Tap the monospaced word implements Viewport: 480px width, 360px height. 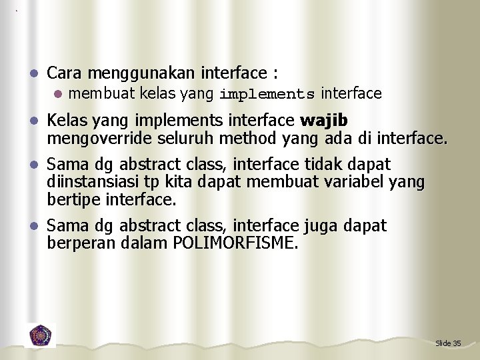[267, 94]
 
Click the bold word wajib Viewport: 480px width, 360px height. [324, 121]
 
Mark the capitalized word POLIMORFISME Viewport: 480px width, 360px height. [235, 243]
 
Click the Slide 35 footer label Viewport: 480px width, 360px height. [448, 343]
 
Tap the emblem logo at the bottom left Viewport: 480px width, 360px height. [41, 334]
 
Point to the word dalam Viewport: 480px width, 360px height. [145, 243]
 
